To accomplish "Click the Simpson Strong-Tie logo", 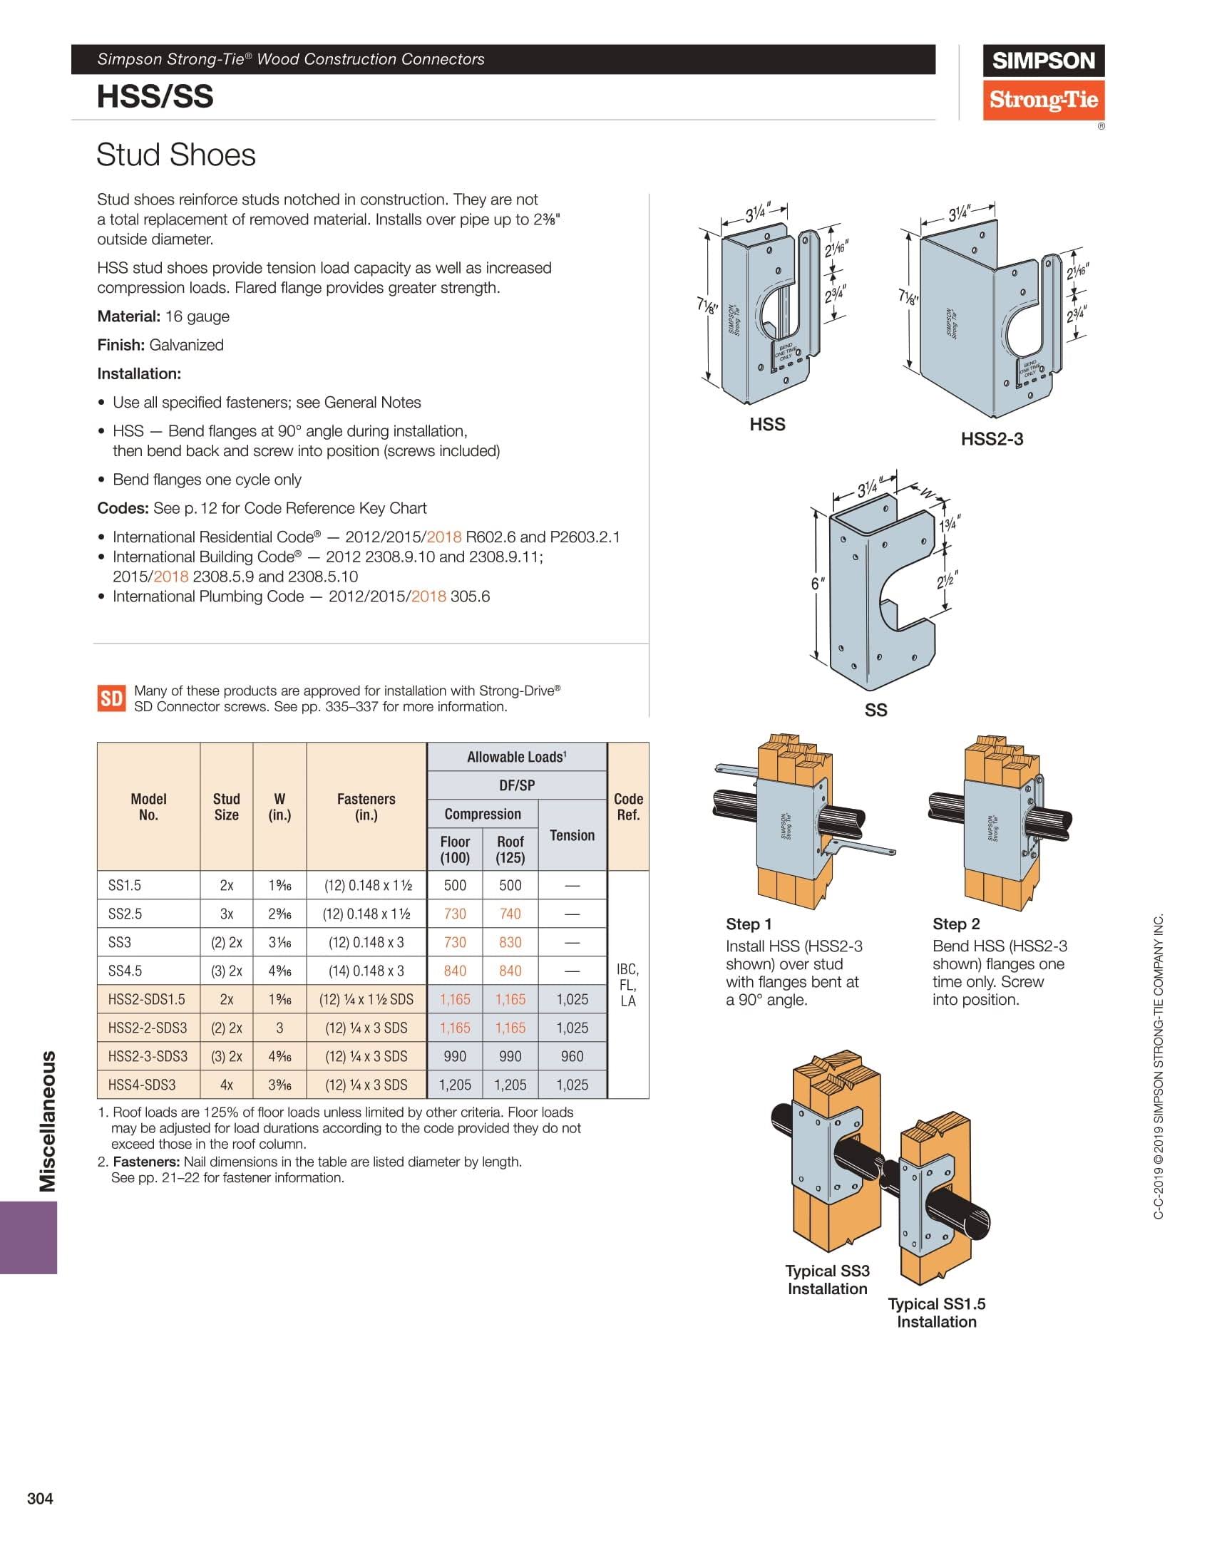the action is pos(1044,83).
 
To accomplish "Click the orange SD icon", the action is pos(111,698).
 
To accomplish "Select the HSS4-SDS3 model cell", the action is pos(142,1085).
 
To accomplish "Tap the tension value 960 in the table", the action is pos(572,1056).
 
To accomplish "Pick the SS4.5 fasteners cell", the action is pos(366,971).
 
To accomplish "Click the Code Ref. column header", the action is pos(628,807).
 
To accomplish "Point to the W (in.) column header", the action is pos(279,807).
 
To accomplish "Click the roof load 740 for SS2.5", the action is pos(510,914).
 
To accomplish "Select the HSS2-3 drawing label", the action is pos(992,439).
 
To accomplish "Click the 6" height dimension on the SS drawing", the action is pos(818,584).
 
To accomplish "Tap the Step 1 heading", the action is pos(749,924).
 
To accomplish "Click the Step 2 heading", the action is pos(956,924).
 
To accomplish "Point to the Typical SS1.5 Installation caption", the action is pos(937,1313).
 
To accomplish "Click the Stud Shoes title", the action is pos(176,155).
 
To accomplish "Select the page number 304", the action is pos(40,1499).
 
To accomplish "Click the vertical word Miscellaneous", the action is pos(47,1121).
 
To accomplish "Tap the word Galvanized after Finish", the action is pos(186,345).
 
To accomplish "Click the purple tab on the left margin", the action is pos(29,1238).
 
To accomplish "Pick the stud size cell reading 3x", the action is pos(226,914).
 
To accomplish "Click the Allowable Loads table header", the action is pos(517,757).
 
